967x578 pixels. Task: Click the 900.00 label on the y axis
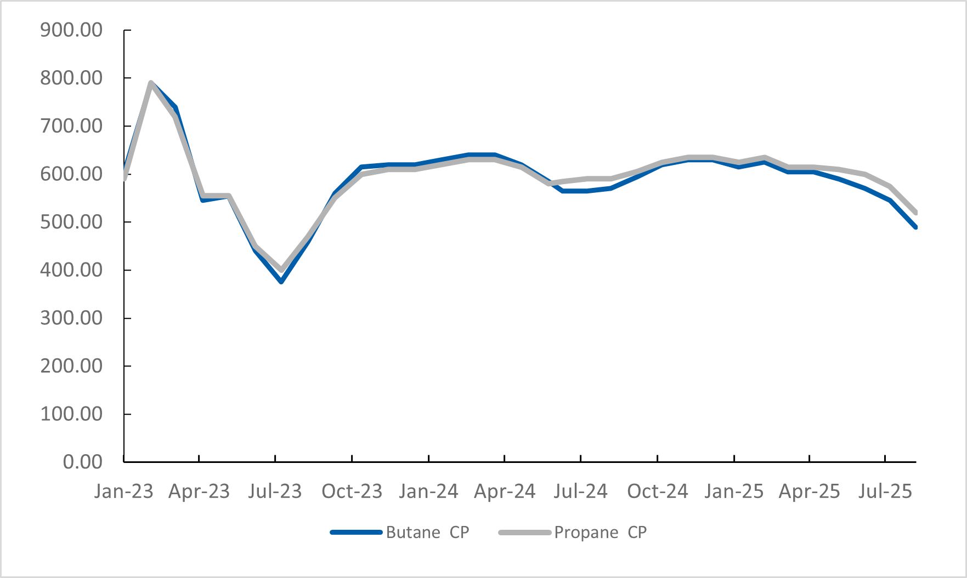(x=71, y=30)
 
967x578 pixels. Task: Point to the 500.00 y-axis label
(x=71, y=222)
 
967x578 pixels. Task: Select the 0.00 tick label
(x=82, y=462)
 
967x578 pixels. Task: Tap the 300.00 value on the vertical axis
(x=71, y=318)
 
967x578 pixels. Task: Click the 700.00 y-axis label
(x=71, y=126)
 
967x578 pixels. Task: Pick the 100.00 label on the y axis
(x=71, y=414)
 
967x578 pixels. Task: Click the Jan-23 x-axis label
(x=123, y=491)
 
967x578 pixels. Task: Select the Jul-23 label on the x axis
(x=275, y=491)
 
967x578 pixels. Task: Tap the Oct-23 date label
(x=352, y=491)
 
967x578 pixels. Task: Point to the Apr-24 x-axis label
(x=505, y=491)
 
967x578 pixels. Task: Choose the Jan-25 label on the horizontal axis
(x=734, y=491)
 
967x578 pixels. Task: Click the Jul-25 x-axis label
(x=885, y=491)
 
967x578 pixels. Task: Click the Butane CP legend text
(x=427, y=533)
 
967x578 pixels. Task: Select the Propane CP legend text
(x=600, y=533)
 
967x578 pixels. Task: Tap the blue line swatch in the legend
(x=356, y=533)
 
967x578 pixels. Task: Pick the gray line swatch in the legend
(x=524, y=533)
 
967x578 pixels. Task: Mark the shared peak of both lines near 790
(x=151, y=83)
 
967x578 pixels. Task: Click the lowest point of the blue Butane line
(x=281, y=282)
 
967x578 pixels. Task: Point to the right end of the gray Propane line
(x=915, y=213)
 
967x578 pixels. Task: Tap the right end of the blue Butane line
(x=915, y=227)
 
